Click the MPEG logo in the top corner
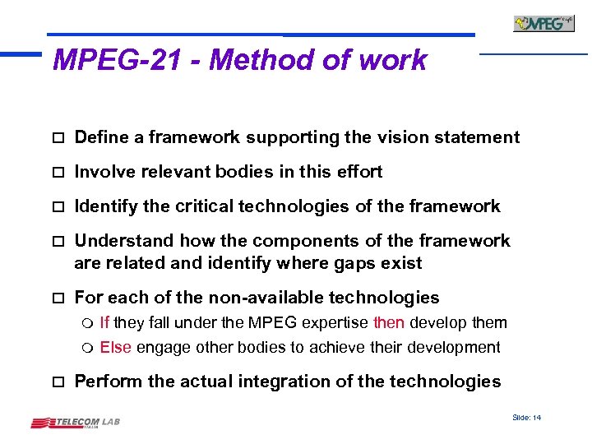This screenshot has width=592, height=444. coord(543,23)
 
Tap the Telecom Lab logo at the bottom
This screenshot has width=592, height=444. coord(76,423)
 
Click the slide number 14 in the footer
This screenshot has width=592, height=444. coord(526,418)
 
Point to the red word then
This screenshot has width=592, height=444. coord(389,322)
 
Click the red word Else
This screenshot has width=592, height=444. coord(116,347)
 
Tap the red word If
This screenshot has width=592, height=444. coord(104,322)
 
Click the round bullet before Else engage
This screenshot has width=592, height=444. coord(88,348)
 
